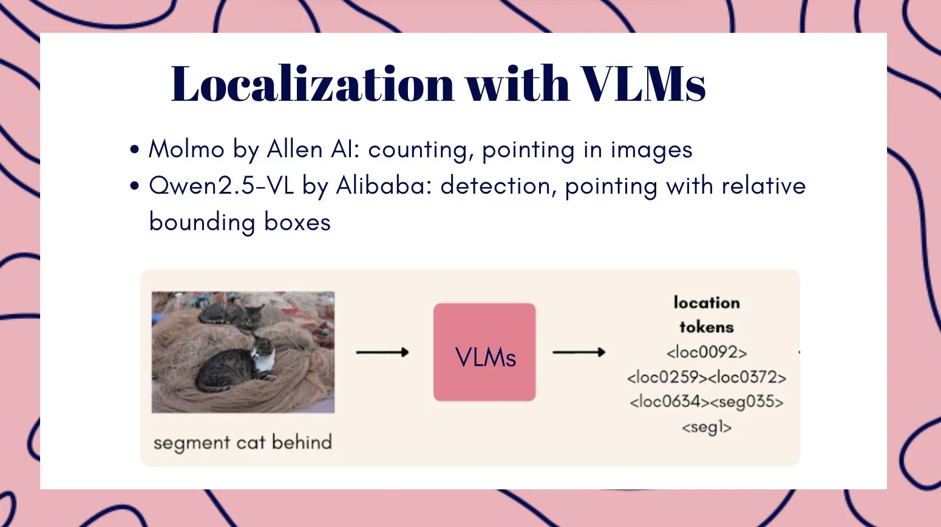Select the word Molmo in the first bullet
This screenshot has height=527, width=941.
tap(186, 149)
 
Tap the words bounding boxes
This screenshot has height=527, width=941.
tap(240, 222)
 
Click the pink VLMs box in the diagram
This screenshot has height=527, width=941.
tap(484, 352)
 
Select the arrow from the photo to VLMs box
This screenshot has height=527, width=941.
tap(382, 352)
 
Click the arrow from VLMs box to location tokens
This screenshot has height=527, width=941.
tap(579, 352)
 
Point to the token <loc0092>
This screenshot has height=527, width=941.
tap(707, 352)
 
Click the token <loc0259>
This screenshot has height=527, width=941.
tap(667, 377)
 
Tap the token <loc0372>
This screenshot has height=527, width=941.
tap(747, 377)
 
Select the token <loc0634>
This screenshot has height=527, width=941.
tap(669, 402)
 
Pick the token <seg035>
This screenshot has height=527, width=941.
tap(746, 402)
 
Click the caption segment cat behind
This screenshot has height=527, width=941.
tap(243, 442)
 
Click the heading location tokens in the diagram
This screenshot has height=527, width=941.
tap(707, 314)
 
